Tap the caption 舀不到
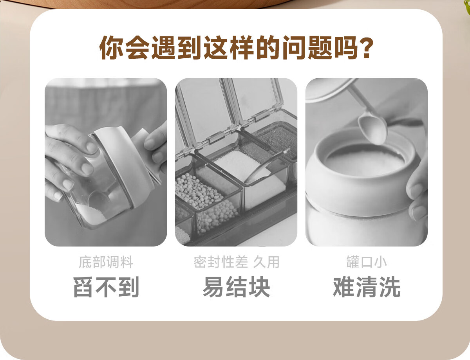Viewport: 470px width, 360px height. click(x=106, y=287)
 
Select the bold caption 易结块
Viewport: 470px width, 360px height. click(x=236, y=287)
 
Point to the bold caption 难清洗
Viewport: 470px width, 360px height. click(x=367, y=287)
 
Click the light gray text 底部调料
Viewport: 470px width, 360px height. click(x=106, y=262)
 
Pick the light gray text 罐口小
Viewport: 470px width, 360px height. click(x=367, y=262)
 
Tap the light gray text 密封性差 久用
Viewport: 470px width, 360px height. click(x=237, y=262)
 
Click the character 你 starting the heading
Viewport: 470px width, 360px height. click(x=111, y=47)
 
